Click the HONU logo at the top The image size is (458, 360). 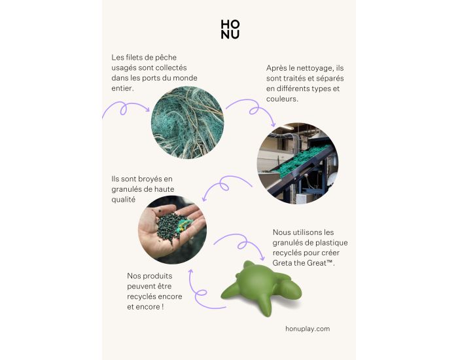230,29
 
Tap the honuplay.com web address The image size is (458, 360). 308,329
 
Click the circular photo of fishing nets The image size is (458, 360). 188,123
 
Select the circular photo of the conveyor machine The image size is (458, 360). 298,163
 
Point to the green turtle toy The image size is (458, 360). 261,288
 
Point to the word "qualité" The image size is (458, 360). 124,200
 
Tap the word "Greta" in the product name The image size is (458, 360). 282,263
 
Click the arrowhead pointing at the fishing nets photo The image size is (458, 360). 147,109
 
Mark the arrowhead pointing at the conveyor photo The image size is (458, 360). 273,124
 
